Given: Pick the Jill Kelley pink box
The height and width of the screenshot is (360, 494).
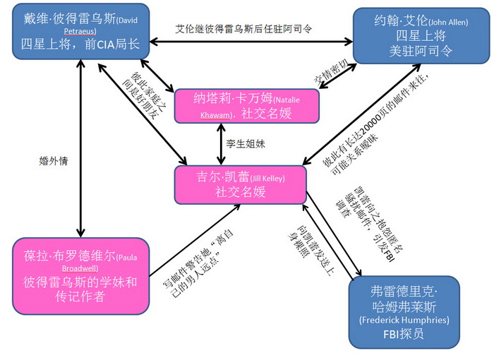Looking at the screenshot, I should click(x=241, y=185).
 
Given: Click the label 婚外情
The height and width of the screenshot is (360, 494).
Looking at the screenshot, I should click(x=54, y=160).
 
